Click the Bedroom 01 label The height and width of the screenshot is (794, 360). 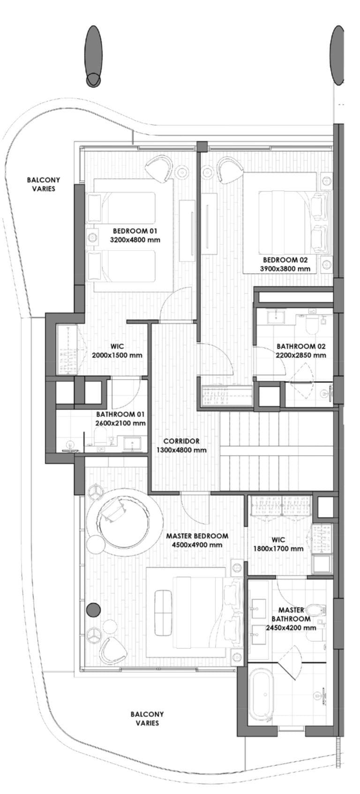click(135, 231)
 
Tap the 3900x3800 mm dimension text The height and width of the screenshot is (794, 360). click(285, 268)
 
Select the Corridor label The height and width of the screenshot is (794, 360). click(181, 441)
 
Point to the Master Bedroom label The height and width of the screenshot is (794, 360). click(197, 536)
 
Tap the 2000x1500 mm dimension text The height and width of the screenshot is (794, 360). click(117, 355)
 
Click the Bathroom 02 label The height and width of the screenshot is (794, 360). click(301, 346)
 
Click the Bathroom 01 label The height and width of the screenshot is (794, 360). click(120, 414)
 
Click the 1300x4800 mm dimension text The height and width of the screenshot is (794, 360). click(181, 450)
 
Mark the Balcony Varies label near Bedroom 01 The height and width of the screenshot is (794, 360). click(44, 184)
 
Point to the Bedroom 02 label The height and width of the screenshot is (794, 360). click(285, 260)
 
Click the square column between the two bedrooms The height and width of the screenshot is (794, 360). click(202, 147)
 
